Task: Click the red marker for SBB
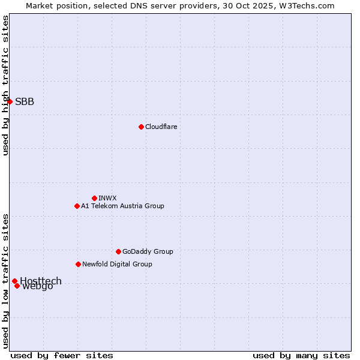[x=10, y=101]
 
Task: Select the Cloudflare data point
[x=141, y=127]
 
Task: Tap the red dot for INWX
[x=94, y=198]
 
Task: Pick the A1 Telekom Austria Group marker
[x=77, y=206]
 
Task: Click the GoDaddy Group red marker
[x=118, y=251]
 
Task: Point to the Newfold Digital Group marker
[x=78, y=264]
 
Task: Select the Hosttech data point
[x=14, y=281]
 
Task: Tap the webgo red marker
[x=17, y=286]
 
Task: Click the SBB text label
[x=25, y=101]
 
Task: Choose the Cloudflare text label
[x=161, y=127]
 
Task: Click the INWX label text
[x=107, y=198]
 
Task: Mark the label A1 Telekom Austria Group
[x=122, y=206]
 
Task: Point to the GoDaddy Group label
[x=148, y=251]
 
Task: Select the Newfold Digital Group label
[x=117, y=264]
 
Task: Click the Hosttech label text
[x=41, y=280]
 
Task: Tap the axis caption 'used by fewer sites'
[x=62, y=355]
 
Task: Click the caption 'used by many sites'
[x=301, y=355]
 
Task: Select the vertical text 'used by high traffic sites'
[x=5, y=85]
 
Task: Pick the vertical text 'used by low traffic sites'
[x=5, y=280]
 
